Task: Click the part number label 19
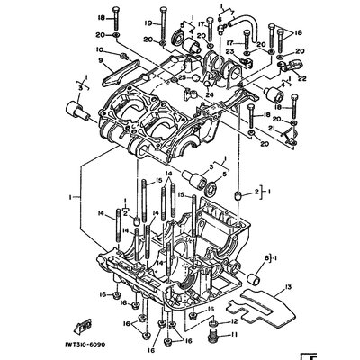(x=148, y=22)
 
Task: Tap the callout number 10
(x=100, y=49)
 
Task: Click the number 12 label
(x=236, y=321)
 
